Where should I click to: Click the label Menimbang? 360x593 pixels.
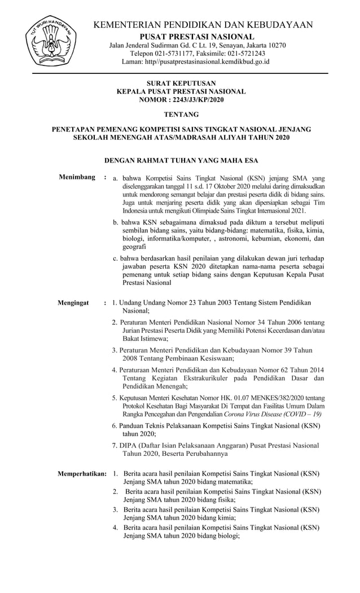77,178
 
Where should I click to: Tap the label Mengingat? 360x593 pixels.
73,303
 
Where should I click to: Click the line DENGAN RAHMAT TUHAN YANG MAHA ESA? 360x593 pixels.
181,160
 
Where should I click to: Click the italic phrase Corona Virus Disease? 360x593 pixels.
249,414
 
